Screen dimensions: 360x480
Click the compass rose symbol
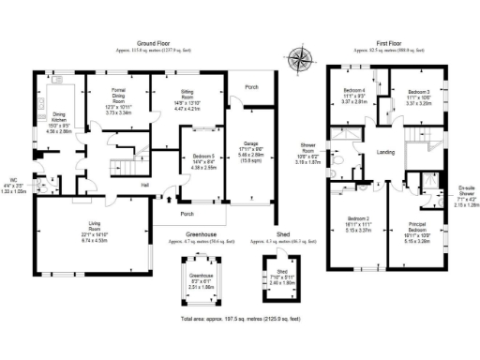coord(301,58)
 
